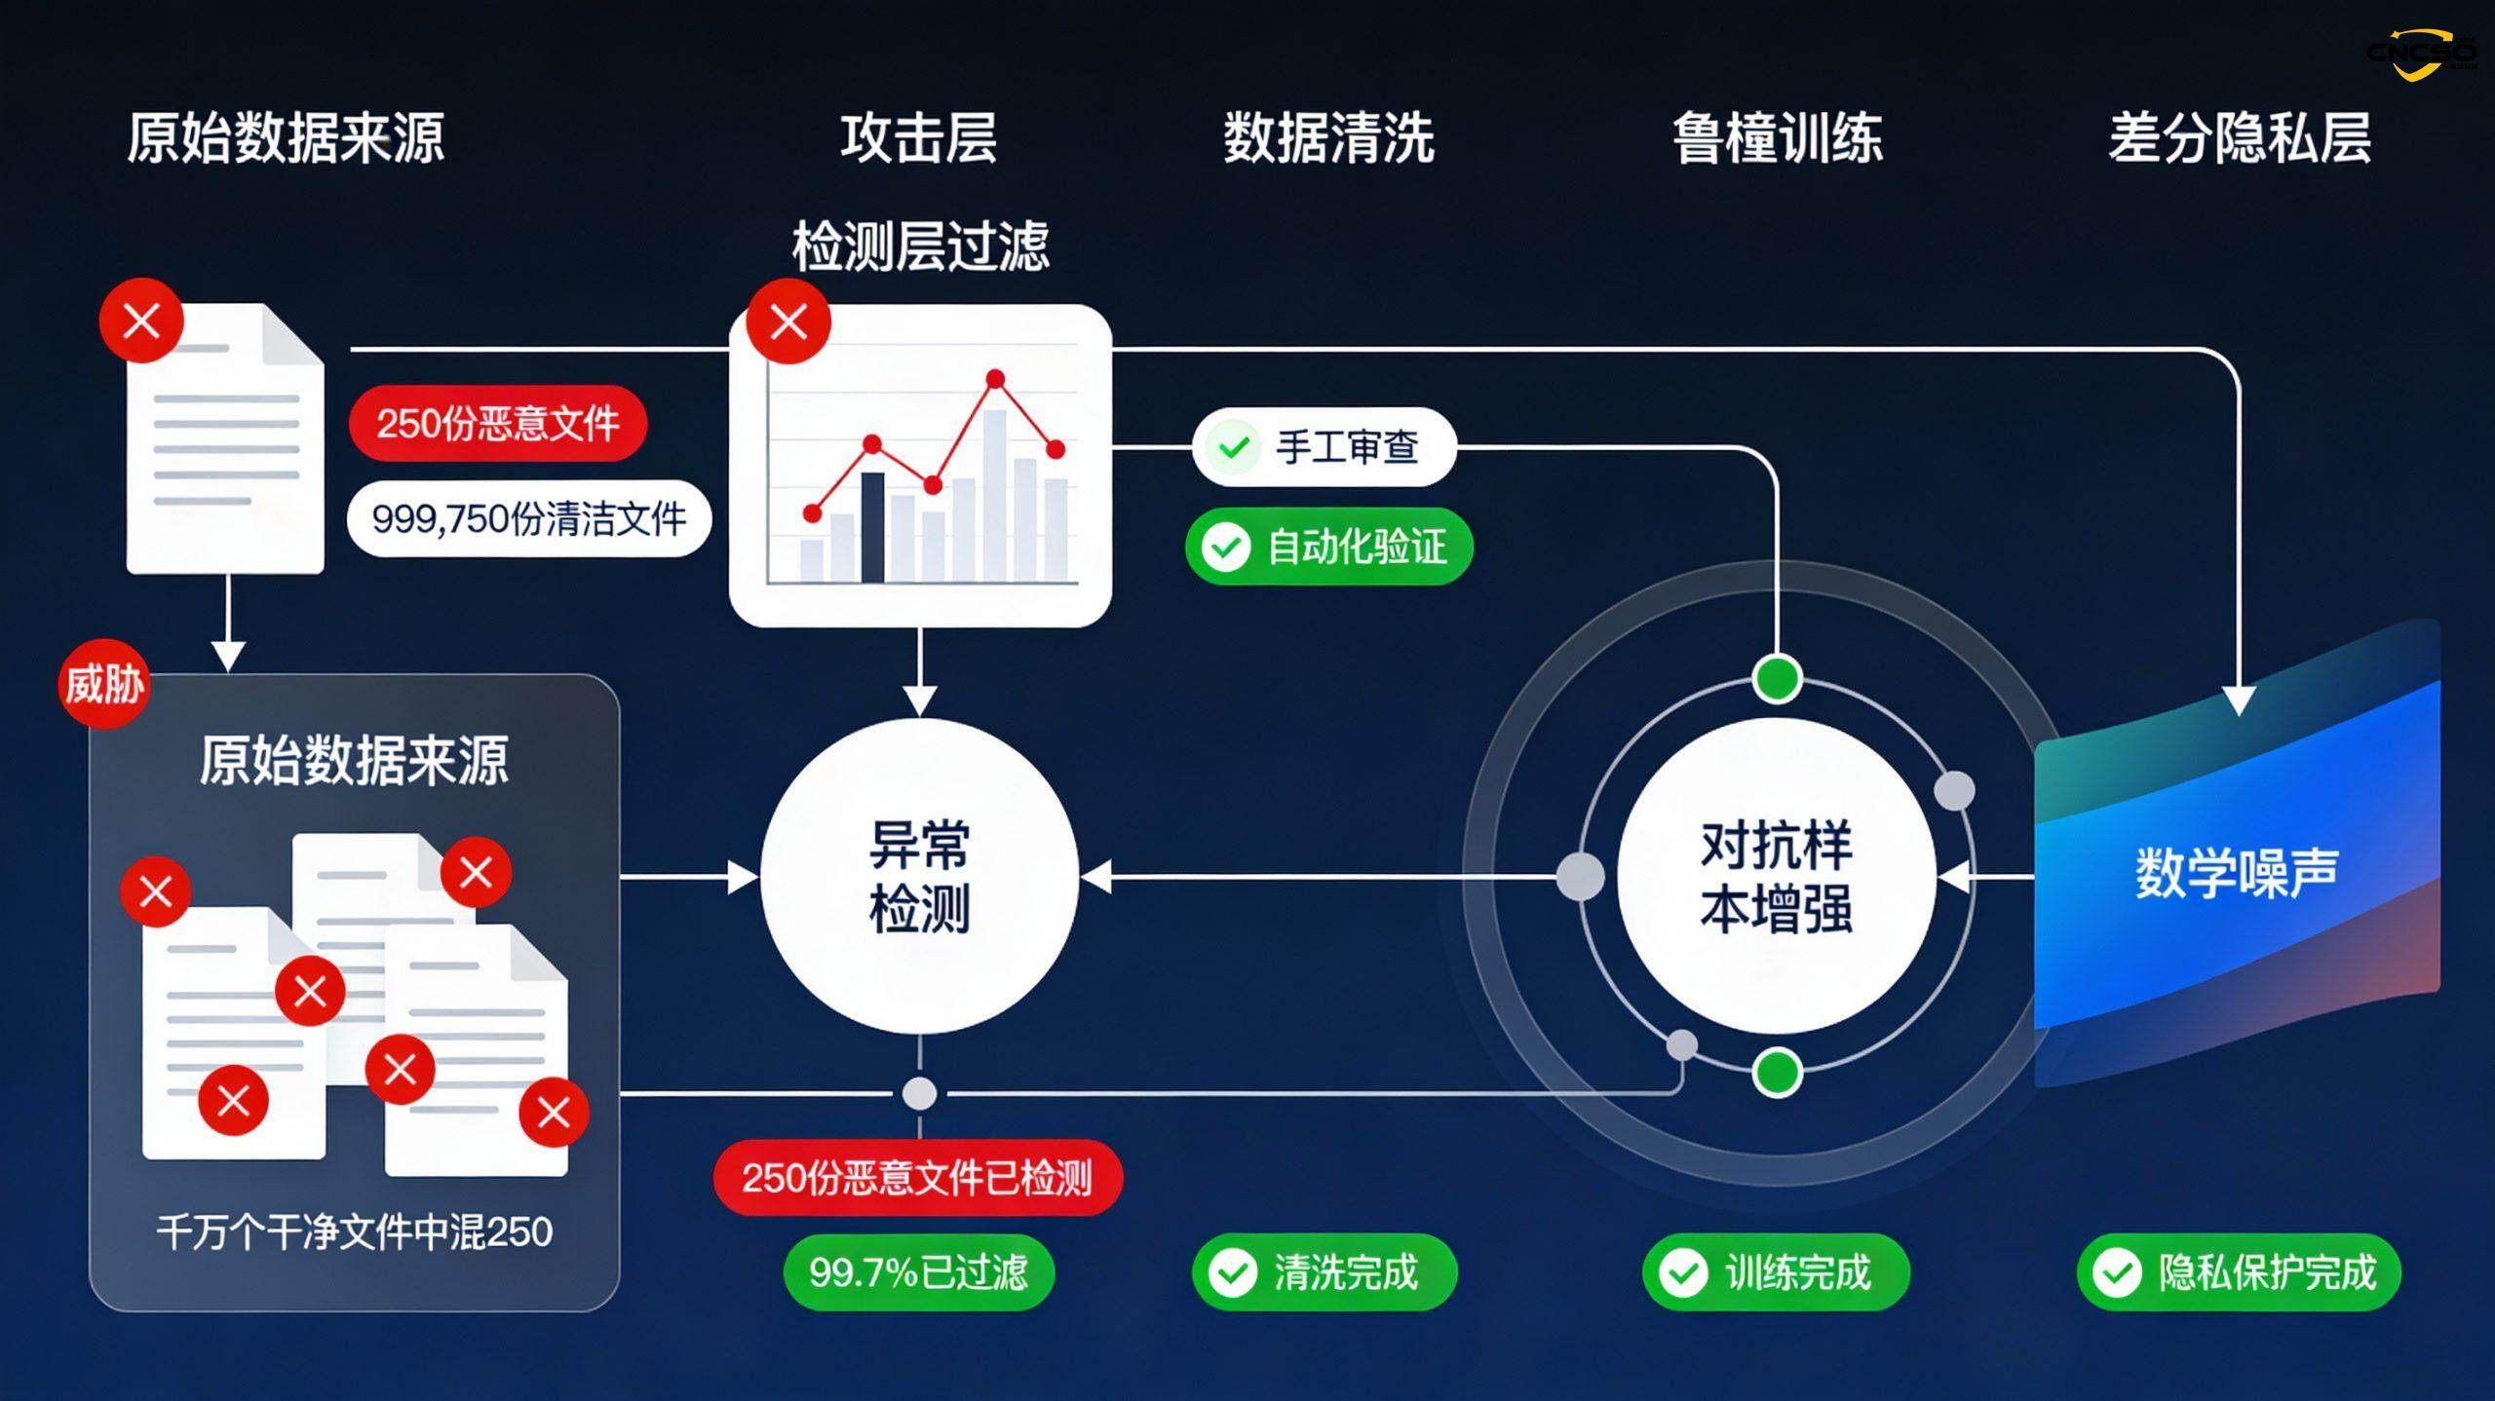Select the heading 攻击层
tap(918, 137)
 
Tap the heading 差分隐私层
tap(2239, 137)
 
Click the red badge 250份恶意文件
tap(498, 423)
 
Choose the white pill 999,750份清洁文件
tap(529, 518)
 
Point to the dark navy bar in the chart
tap(872, 527)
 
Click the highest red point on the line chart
tap(995, 379)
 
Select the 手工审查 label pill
tap(1324, 447)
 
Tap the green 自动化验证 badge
tap(1328, 547)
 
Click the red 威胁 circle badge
tap(103, 683)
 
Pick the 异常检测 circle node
tap(919, 877)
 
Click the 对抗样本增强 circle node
tap(1776, 877)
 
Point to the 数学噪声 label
tap(2237, 872)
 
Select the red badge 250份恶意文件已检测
tap(918, 1178)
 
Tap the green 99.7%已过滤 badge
tap(918, 1272)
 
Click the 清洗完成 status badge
tap(1324, 1272)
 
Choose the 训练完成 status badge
tap(1776, 1272)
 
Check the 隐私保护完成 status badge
tap(2239, 1272)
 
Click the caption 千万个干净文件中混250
tap(355, 1232)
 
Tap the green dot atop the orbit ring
tap(1776, 678)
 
